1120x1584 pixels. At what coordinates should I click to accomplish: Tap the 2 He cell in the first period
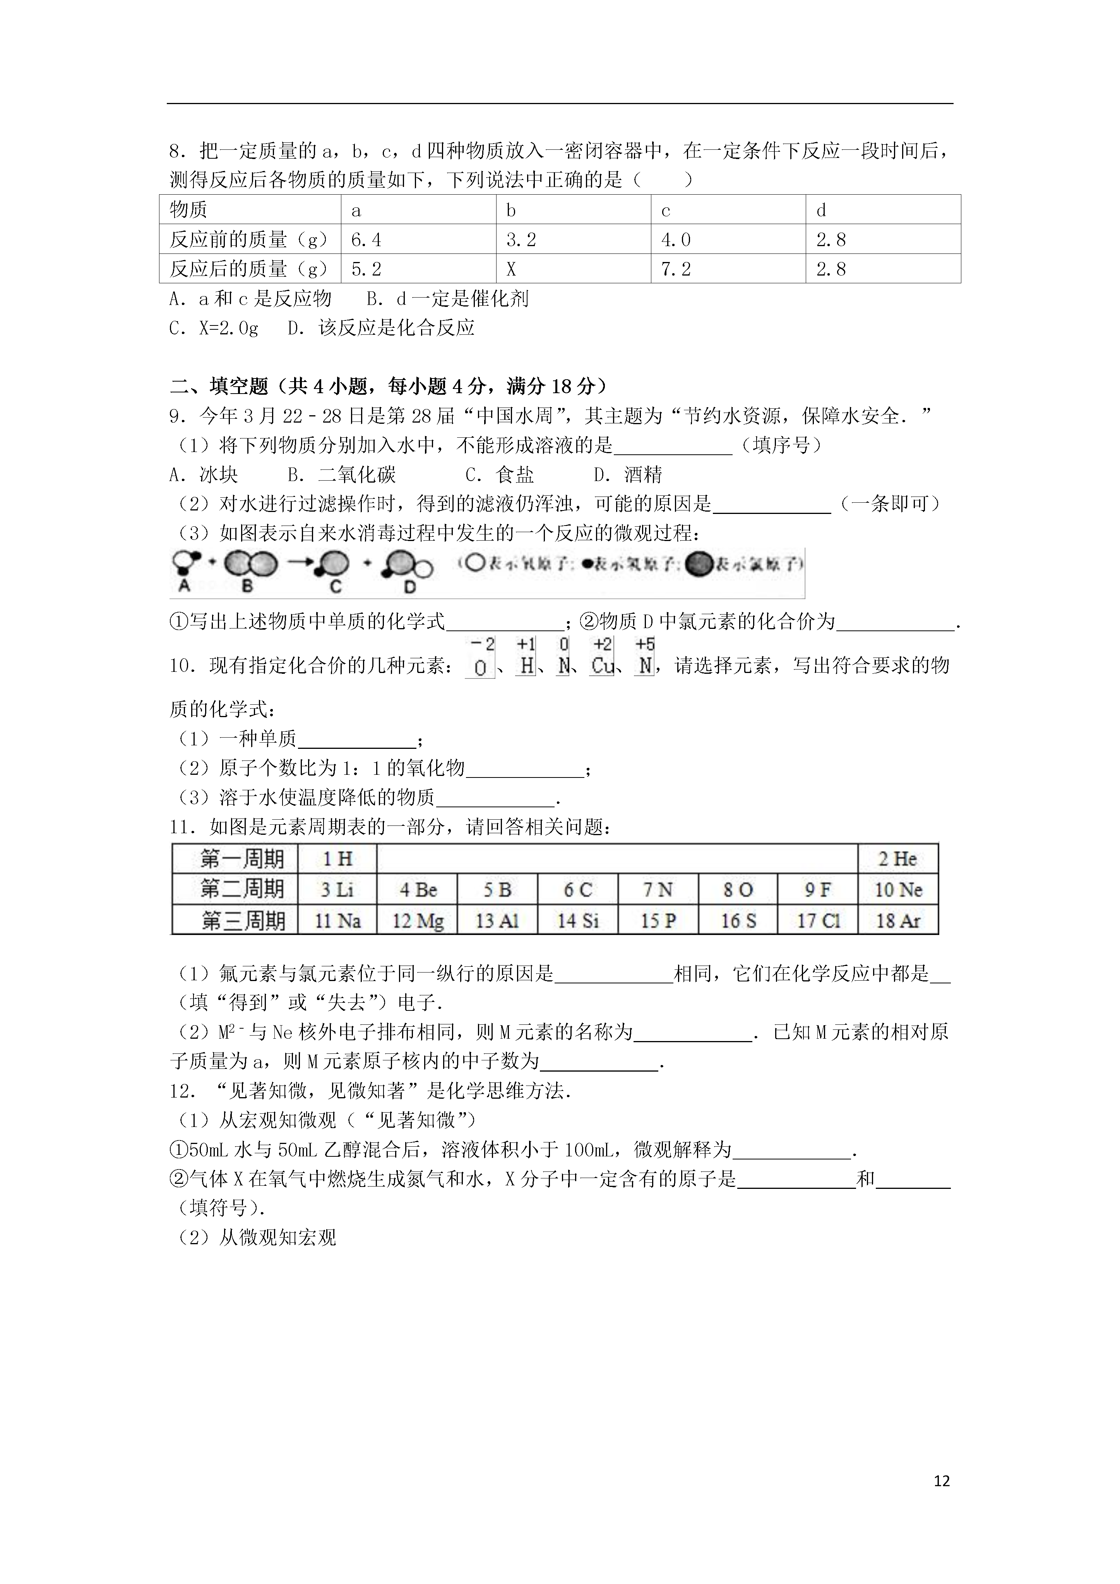pyautogui.click(x=897, y=859)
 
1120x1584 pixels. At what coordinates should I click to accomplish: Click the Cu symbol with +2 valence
pyautogui.click(x=602, y=666)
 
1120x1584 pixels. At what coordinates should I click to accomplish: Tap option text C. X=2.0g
pyautogui.click(x=214, y=328)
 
